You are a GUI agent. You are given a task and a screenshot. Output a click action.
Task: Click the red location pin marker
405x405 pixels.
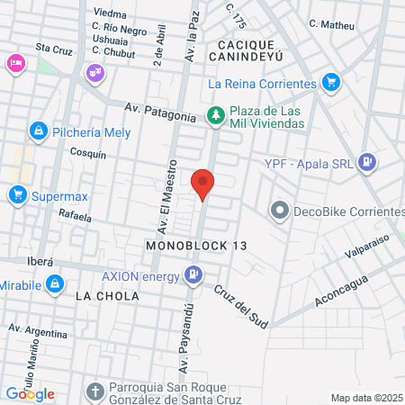pyautogui.click(x=203, y=183)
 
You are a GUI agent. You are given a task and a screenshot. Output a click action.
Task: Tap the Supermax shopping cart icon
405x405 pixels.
pyautogui.click(x=17, y=194)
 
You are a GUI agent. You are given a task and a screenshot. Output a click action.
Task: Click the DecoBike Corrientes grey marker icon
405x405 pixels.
pyautogui.click(x=279, y=211)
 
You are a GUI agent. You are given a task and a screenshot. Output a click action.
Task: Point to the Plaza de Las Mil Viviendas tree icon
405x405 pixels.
pyautogui.click(x=214, y=114)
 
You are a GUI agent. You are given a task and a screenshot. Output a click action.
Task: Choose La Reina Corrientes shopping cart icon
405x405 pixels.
pyautogui.click(x=331, y=83)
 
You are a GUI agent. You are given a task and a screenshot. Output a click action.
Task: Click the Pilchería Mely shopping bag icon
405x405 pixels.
pyautogui.click(x=38, y=131)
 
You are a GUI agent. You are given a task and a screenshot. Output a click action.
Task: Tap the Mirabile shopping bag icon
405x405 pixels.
pyautogui.click(x=55, y=284)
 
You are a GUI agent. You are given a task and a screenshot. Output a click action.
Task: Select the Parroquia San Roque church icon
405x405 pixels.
pyautogui.click(x=96, y=391)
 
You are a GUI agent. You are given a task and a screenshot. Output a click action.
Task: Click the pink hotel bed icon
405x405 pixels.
pyautogui.click(x=15, y=63)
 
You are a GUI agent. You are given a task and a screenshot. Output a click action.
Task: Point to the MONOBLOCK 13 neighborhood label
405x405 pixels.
pyautogui.click(x=195, y=245)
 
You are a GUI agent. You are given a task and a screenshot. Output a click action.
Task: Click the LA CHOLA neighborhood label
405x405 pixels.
pyautogui.click(x=107, y=295)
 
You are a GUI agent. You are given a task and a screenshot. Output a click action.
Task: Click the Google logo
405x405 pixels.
pyautogui.click(x=30, y=393)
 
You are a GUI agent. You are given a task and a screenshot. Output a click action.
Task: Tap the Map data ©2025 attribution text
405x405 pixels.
pyautogui.click(x=366, y=398)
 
